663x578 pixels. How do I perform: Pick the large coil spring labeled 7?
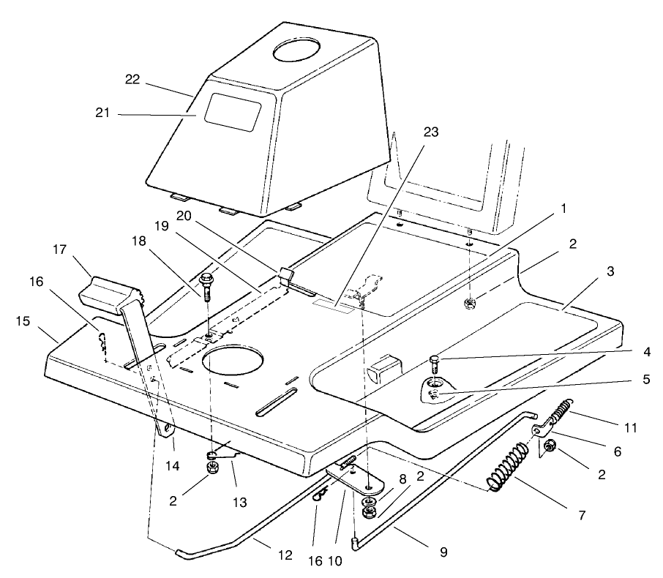[511, 468]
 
